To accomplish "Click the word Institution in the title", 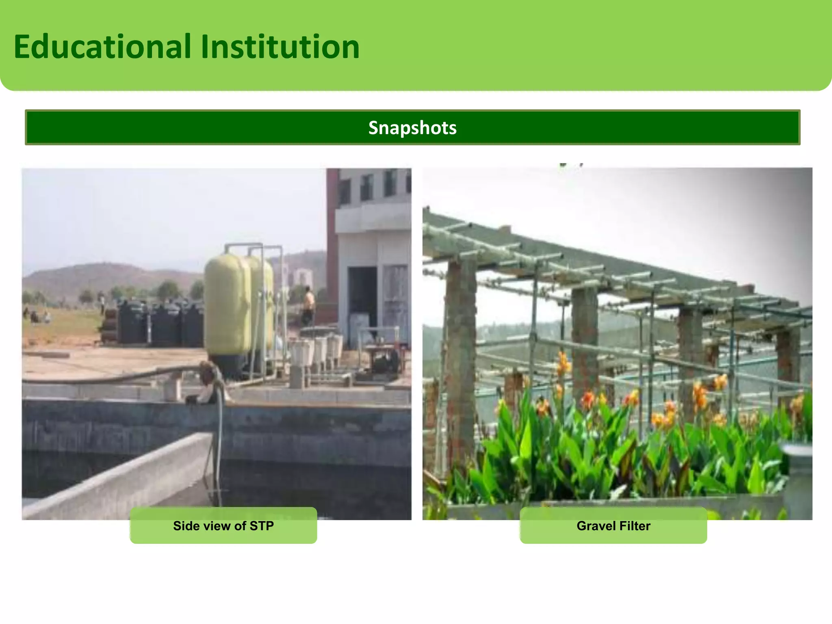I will [x=280, y=47].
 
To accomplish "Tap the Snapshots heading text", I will [x=412, y=128].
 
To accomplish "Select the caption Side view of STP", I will [x=223, y=526].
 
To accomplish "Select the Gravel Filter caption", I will [x=613, y=526].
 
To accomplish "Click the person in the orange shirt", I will [x=309, y=305].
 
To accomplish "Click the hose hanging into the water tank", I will [x=219, y=439].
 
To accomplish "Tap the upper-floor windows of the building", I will [x=374, y=185].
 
